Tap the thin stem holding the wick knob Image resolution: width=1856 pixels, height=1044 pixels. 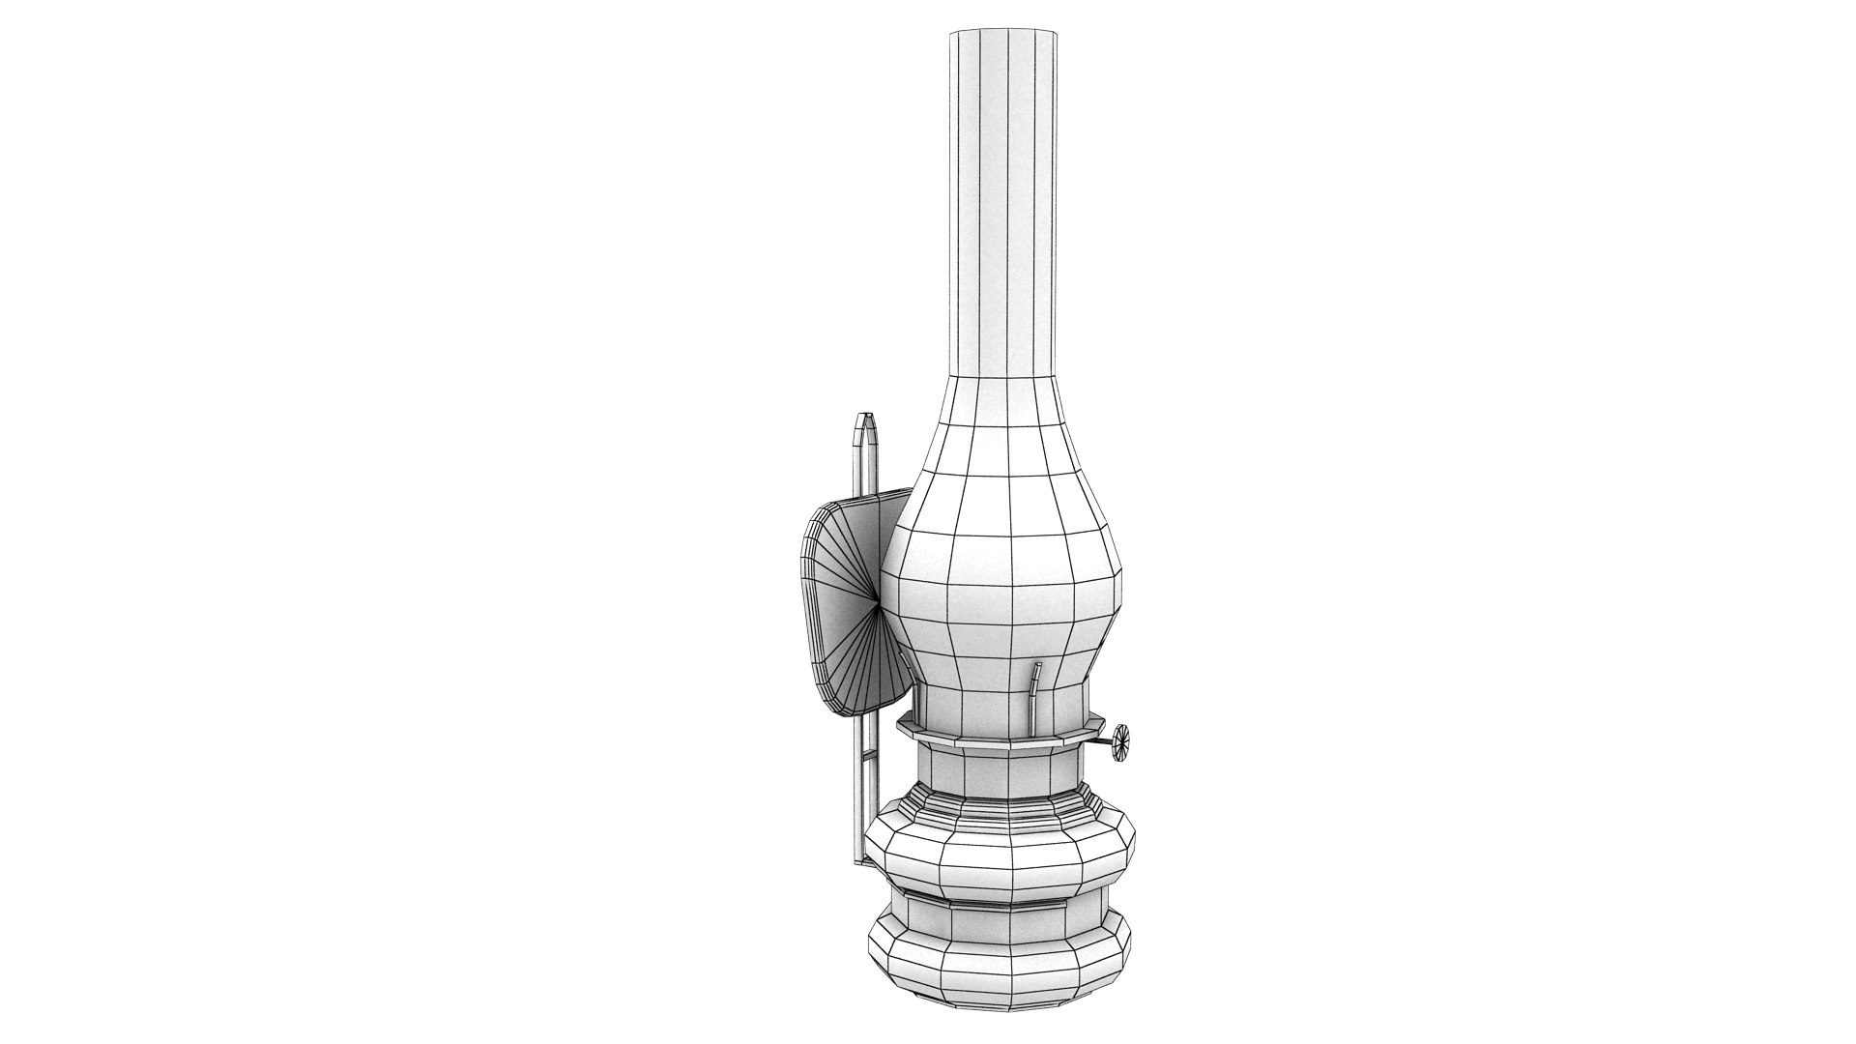(x=1103, y=742)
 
